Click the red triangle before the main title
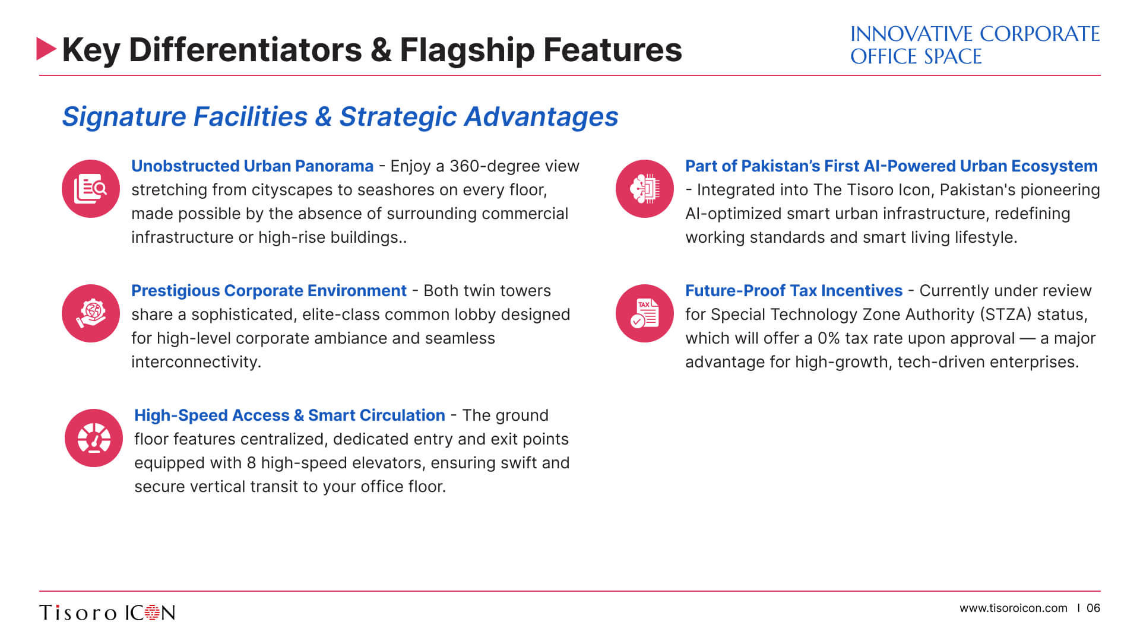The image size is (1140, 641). [x=46, y=49]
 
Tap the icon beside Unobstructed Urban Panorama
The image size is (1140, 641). [x=91, y=189]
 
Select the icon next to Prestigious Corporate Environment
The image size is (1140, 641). [x=91, y=313]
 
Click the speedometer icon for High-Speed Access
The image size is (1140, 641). [x=94, y=438]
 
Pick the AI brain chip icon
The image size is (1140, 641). [x=645, y=189]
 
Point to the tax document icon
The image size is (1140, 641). [x=645, y=313]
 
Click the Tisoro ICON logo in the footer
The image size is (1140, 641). [x=107, y=613]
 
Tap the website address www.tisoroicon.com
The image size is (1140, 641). [x=1014, y=608]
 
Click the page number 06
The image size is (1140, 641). [x=1093, y=608]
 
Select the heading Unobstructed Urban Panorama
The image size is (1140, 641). [x=252, y=166]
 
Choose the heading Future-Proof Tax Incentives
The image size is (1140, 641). [x=794, y=291]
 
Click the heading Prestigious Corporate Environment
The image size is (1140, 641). [x=269, y=291]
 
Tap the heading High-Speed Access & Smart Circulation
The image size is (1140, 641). [x=290, y=415]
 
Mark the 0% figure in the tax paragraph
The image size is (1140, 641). [x=829, y=338]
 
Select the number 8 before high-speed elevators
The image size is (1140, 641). [x=251, y=463]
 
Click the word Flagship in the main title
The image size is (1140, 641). [x=467, y=50]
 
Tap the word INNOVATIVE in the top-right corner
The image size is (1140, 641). [x=911, y=34]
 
